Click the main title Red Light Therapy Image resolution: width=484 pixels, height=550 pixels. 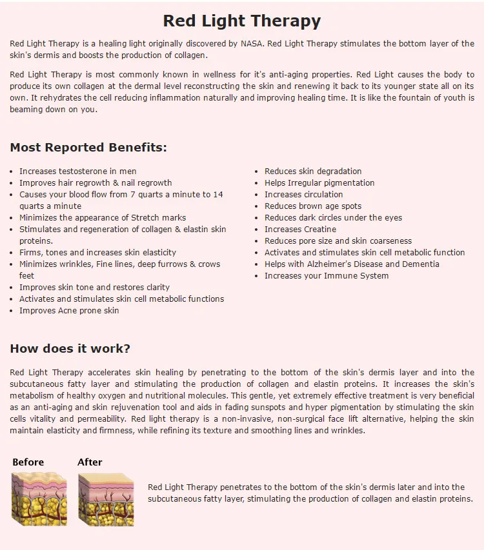[x=242, y=21]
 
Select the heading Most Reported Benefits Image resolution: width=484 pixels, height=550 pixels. [x=88, y=148]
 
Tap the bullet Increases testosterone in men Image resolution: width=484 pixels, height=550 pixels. [x=77, y=172]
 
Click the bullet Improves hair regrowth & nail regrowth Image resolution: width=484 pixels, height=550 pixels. [x=96, y=183]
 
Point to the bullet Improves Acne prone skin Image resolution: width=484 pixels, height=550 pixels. [x=69, y=311]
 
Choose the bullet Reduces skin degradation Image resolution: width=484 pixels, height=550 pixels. [x=313, y=172]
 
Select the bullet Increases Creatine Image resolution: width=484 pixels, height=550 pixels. [x=300, y=230]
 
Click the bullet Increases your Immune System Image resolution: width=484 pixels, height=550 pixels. [x=327, y=276]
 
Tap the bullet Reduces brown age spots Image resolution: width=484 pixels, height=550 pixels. [x=313, y=206]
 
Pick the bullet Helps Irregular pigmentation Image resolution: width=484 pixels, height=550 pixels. [x=319, y=183]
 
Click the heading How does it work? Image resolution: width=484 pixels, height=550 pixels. [x=70, y=349]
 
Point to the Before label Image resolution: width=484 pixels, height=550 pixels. [x=28, y=462]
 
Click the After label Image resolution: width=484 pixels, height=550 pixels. [x=90, y=462]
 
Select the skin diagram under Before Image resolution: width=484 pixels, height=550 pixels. [x=39, y=498]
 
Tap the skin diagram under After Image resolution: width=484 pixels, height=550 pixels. [x=106, y=498]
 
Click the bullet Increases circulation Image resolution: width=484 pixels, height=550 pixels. [x=303, y=195]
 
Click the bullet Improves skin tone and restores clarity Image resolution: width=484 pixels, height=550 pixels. [x=94, y=288]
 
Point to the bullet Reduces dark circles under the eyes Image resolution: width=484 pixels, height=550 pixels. [x=333, y=218]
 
